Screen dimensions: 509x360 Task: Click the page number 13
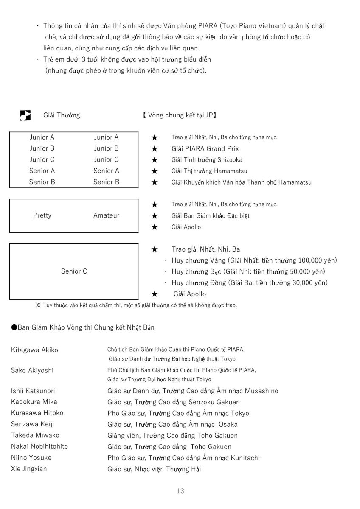point(180,491)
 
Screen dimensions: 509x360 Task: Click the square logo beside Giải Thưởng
point(25,115)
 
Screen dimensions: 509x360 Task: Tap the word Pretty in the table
point(42,215)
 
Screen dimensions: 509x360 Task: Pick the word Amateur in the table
point(106,215)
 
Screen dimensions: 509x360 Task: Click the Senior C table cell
point(74,271)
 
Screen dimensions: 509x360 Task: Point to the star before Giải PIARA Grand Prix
point(155,149)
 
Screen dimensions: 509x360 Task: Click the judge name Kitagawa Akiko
point(34,350)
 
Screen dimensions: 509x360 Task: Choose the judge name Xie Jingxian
point(29,469)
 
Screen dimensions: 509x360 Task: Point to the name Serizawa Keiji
point(33,424)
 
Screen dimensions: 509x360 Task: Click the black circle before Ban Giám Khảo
point(14,327)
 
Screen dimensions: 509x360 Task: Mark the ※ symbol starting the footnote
point(38,305)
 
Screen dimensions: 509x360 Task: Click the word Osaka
point(228,424)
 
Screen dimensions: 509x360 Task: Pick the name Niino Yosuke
point(31,458)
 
